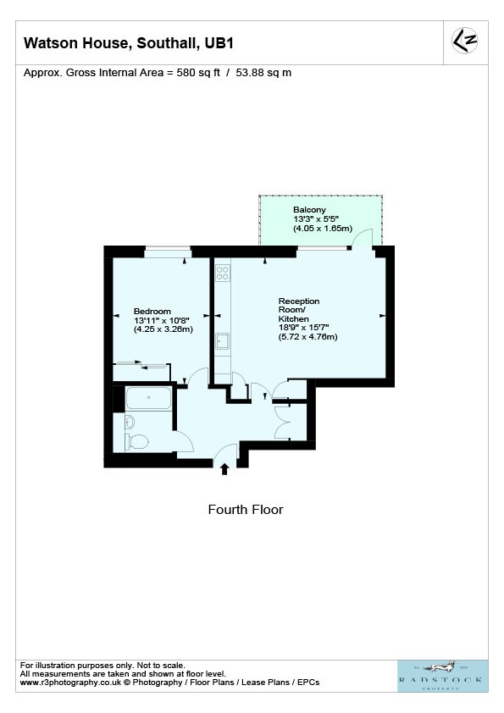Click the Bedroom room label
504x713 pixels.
coord(152,312)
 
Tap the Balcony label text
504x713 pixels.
coord(309,210)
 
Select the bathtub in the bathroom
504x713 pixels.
coord(149,398)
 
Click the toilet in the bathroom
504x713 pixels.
coord(137,441)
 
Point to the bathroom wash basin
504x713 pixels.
coord(130,422)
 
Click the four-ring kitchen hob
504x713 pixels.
coord(223,273)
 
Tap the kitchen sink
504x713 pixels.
coord(223,340)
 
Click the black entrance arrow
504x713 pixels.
coord(224,469)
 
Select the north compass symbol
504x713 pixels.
coord(465,41)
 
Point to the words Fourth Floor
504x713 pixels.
coord(246,509)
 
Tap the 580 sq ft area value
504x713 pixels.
coord(198,73)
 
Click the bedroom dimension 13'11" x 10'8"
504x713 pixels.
coord(162,320)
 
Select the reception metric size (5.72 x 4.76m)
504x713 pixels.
coord(308,337)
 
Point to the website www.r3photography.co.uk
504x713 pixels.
coord(70,682)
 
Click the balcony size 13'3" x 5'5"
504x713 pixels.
coord(316,219)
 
